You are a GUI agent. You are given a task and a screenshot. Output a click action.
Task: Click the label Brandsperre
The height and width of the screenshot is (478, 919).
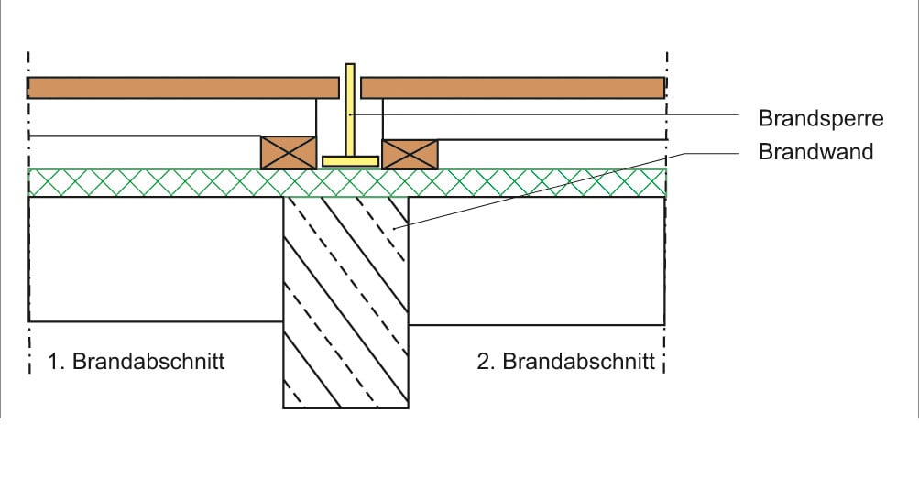(820, 118)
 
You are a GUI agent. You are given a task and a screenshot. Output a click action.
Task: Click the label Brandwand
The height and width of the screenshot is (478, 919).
(815, 151)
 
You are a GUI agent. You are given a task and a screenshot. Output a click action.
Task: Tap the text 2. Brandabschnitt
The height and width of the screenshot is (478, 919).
(566, 361)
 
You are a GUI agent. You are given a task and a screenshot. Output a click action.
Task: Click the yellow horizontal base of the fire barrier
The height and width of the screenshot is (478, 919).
(350, 161)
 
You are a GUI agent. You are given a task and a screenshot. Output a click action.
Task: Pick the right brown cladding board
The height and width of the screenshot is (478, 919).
(513, 88)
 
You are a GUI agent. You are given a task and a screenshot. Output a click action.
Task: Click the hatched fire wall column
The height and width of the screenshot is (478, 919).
(345, 302)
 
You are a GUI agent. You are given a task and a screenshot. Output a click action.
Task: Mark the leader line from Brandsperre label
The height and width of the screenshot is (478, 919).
(550, 114)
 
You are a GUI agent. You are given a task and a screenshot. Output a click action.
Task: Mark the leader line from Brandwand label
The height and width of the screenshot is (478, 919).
(550, 187)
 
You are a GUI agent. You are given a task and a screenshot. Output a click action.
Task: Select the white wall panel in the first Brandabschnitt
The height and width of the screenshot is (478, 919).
(156, 259)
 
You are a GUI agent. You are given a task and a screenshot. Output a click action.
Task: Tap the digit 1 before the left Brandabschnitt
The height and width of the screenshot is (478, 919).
(52, 361)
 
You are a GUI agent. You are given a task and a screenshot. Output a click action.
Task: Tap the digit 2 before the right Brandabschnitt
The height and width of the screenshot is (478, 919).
(483, 361)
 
